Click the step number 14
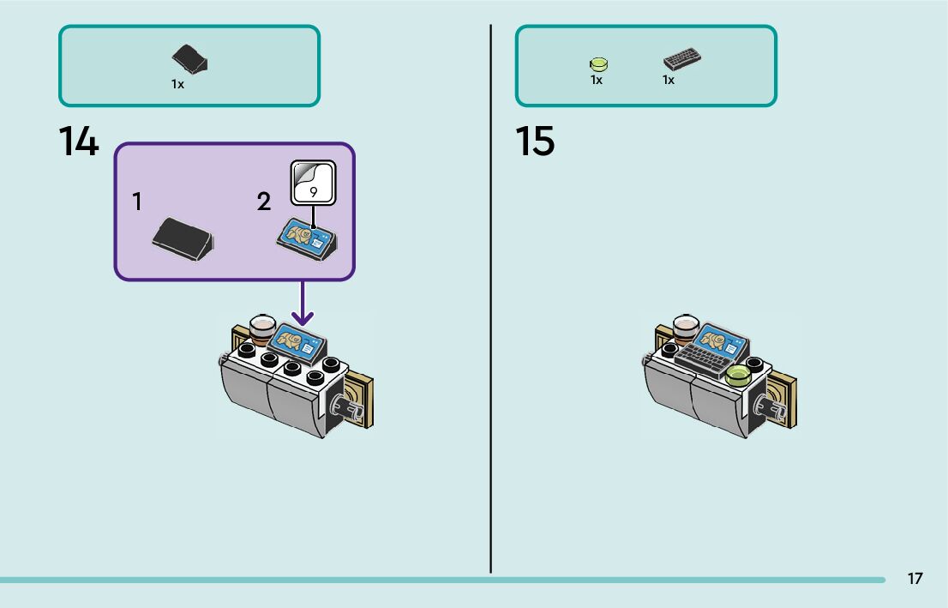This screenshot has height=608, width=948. click(x=79, y=141)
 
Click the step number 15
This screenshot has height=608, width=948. click(x=535, y=141)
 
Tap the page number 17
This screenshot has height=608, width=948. click(x=915, y=579)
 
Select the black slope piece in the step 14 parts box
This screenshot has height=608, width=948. click(x=190, y=59)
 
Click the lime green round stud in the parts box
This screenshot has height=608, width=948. click(x=598, y=63)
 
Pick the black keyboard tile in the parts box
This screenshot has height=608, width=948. click(x=682, y=59)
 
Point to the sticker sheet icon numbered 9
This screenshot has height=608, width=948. click(x=313, y=182)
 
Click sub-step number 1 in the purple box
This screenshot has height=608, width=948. click(x=137, y=202)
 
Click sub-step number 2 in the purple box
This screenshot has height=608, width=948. click(x=264, y=202)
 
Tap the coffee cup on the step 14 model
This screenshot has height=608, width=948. click(x=261, y=328)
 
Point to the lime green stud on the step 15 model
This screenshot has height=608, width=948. click(x=737, y=375)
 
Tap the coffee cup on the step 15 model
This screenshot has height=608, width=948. click(x=686, y=328)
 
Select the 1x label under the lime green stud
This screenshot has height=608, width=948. click(x=597, y=81)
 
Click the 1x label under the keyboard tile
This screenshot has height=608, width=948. click(x=669, y=81)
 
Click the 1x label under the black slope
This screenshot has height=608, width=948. click(x=177, y=85)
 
